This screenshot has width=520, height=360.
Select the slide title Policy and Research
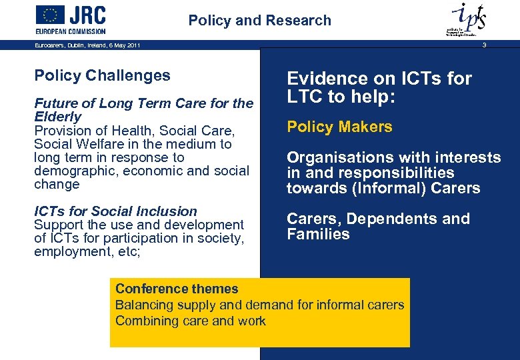[259, 21]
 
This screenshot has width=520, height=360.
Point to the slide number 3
[485, 45]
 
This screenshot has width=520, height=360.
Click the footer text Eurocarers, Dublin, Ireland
[87, 45]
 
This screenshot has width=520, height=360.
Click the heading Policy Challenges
[102, 76]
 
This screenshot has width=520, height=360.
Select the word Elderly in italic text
[57, 117]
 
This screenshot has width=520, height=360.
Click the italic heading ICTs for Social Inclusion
[115, 211]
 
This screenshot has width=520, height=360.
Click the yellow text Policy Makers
[339, 127]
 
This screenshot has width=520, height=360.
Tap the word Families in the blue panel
[318, 234]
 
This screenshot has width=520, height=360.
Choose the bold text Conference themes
[177, 289]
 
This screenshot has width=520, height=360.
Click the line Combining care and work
[191, 321]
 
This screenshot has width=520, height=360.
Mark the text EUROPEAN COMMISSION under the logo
[71, 31]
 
